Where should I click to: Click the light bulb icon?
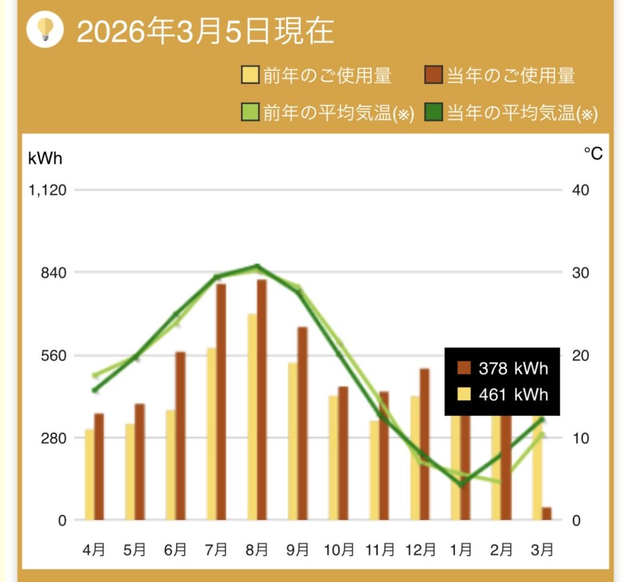(x=45, y=29)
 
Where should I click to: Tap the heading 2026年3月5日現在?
(x=205, y=31)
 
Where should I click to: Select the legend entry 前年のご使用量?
(x=317, y=76)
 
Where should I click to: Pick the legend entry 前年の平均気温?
(x=328, y=113)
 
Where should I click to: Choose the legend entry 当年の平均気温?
(x=511, y=113)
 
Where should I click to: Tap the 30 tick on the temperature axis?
(x=580, y=272)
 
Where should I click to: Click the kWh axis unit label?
(x=45, y=157)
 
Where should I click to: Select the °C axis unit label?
(x=593, y=154)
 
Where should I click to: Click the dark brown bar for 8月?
(x=262, y=400)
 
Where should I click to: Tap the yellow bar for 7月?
(x=211, y=434)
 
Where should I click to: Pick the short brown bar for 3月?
(x=546, y=514)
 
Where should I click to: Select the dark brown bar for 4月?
(x=99, y=467)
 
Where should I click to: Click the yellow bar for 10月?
(x=333, y=458)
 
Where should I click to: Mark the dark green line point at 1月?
(x=461, y=484)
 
